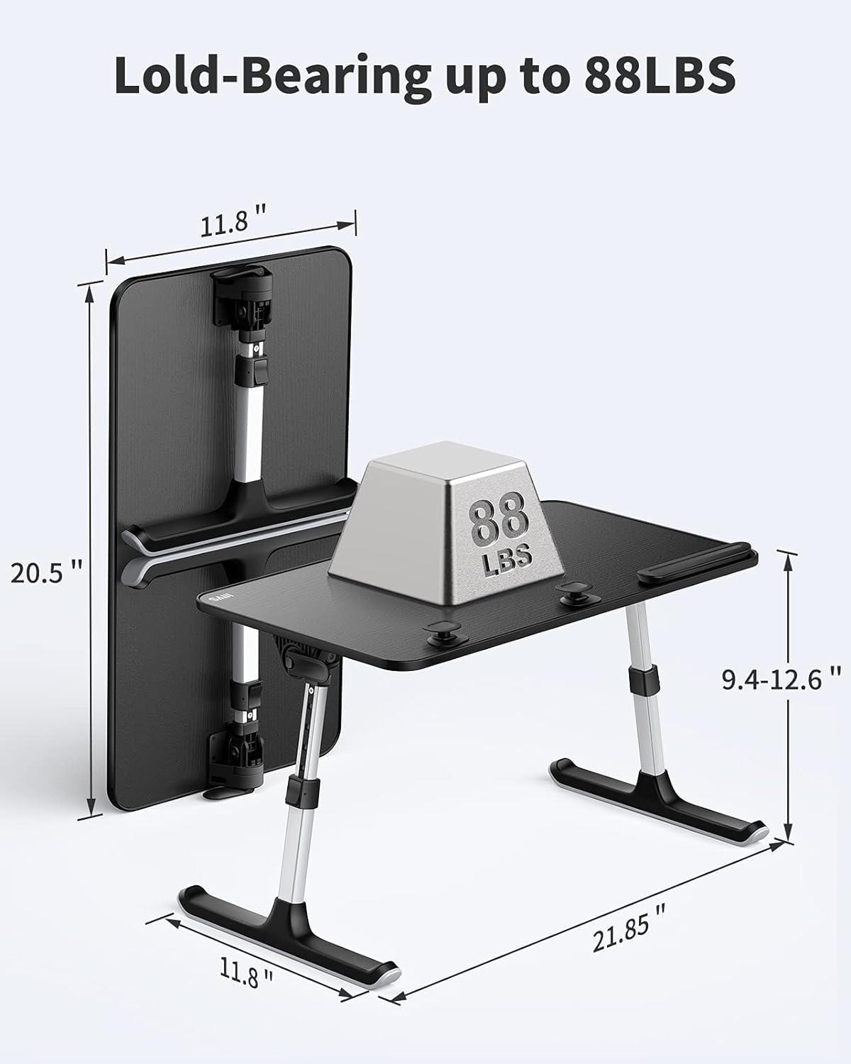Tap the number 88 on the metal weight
[499, 519]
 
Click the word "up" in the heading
[473, 78]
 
